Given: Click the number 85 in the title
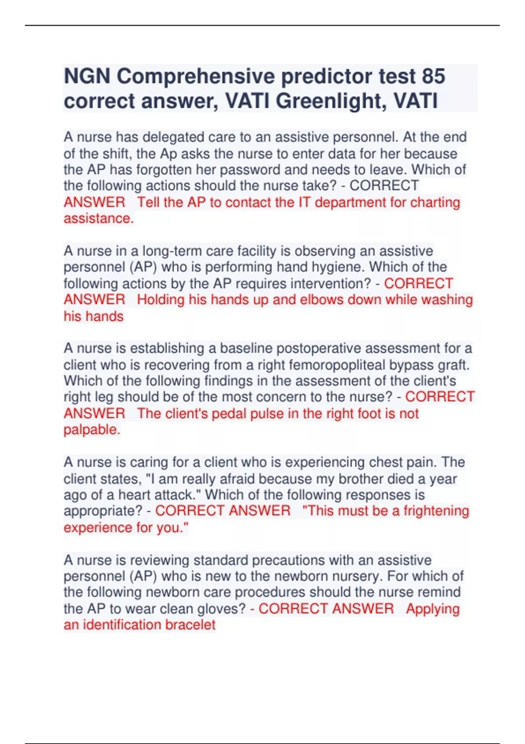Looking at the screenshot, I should [433, 76].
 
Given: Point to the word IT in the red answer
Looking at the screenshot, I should [304, 202].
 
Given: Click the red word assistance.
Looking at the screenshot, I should [98, 218].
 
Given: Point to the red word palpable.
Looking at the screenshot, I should [91, 430].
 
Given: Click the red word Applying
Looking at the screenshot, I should [433, 609].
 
